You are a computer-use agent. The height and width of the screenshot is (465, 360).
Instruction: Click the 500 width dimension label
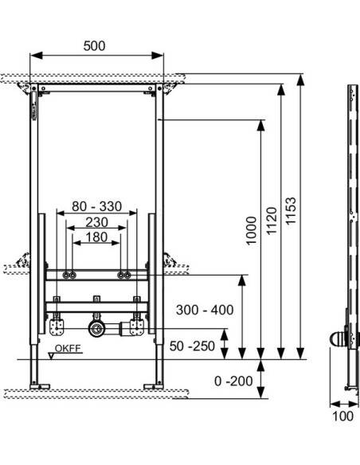pyautogui.click(x=94, y=46)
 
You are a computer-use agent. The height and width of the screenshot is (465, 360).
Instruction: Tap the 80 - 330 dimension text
pyautogui.click(x=97, y=206)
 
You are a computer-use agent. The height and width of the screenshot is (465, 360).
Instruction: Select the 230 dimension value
pyautogui.click(x=96, y=222)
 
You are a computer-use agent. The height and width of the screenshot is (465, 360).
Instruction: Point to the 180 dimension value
pyautogui.click(x=96, y=237)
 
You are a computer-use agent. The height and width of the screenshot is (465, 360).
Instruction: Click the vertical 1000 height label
pyautogui.click(x=251, y=231)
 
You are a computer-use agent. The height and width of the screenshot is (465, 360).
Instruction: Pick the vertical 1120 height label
pyautogui.click(x=272, y=221)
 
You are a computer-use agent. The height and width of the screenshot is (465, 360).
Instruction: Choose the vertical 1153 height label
pyautogui.click(x=291, y=211)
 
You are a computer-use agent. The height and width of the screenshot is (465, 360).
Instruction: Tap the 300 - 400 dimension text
pyautogui.click(x=205, y=310)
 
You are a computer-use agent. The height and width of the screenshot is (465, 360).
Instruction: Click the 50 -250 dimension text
pyautogui.click(x=192, y=346)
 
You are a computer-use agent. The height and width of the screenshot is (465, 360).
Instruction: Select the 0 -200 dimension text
pyautogui.click(x=233, y=381)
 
